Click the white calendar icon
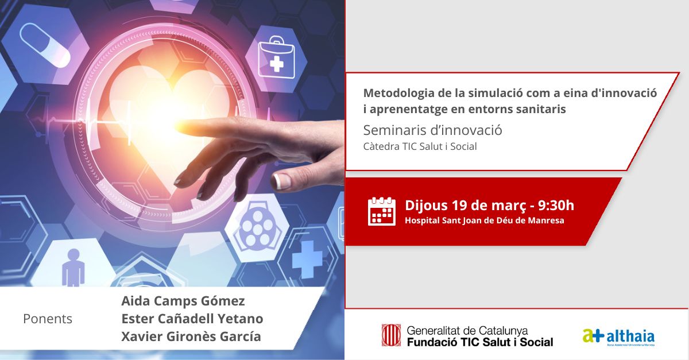(x=382, y=211)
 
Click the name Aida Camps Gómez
(x=183, y=301)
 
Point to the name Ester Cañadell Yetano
(x=192, y=319)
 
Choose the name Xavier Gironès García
(x=191, y=336)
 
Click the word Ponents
(x=48, y=319)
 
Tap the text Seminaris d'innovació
(x=433, y=130)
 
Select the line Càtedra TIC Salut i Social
(x=420, y=146)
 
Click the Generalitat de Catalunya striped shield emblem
(x=392, y=335)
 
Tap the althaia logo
(x=618, y=336)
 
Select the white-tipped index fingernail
(x=282, y=180)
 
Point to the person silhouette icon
(x=73, y=266)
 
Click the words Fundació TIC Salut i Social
(x=479, y=342)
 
